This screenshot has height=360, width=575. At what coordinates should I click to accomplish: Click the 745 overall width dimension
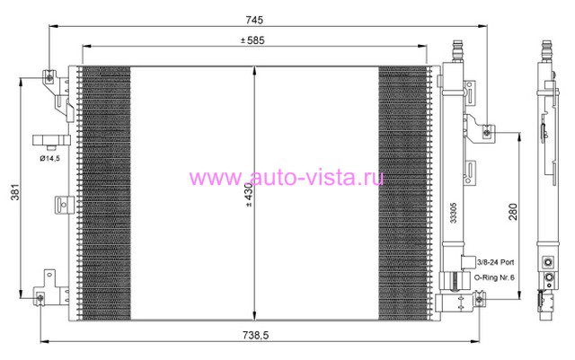[x=254, y=20]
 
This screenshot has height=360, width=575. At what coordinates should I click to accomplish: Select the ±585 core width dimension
[x=252, y=40]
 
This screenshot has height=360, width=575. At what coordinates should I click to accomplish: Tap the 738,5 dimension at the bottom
[x=255, y=335]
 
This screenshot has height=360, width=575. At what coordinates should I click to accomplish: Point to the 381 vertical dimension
[x=14, y=192]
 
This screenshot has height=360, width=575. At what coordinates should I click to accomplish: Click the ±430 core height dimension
[x=249, y=195]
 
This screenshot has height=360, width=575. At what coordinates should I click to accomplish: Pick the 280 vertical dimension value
[x=513, y=212]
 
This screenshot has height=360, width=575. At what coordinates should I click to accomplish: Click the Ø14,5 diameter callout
[x=50, y=158]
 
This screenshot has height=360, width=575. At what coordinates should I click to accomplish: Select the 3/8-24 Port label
[x=495, y=262]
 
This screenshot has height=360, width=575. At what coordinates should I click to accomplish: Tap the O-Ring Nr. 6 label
[x=494, y=277]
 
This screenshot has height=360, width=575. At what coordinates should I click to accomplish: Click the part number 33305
[x=454, y=213]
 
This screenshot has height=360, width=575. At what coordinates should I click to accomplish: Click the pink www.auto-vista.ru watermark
[x=287, y=178]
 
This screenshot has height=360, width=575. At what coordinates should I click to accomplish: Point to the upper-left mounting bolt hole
[x=49, y=77]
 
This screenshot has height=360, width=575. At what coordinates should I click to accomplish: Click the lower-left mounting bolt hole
[x=40, y=298]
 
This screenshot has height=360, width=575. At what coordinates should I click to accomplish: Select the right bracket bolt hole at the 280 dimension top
[x=487, y=132]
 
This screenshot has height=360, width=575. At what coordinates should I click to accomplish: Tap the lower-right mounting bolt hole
[x=479, y=300]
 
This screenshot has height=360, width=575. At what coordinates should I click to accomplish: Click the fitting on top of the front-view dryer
[x=457, y=51]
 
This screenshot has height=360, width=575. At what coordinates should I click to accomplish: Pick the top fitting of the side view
[x=547, y=51]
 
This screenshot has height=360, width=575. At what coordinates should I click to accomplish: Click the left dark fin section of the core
[x=106, y=193]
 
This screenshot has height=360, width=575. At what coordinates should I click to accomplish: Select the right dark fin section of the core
[x=403, y=193]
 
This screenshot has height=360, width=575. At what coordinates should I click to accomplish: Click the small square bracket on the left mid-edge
[x=64, y=205]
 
